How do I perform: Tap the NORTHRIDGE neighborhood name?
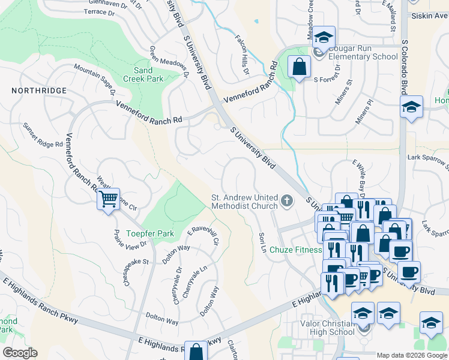(x=39, y=90)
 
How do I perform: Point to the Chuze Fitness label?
(x=296, y=250)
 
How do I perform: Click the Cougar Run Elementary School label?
(x=360, y=53)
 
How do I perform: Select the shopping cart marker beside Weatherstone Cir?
(x=109, y=200)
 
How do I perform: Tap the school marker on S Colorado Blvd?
(x=411, y=108)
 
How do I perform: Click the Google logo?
(x=20, y=353)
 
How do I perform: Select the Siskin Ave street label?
(x=429, y=16)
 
